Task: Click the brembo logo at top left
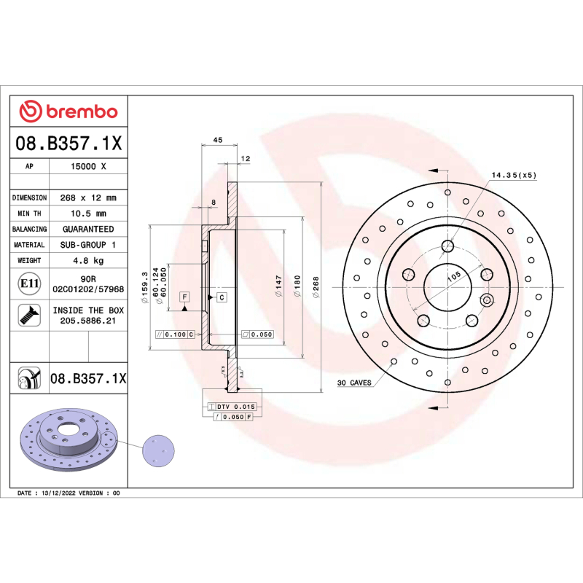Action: (x=68, y=111)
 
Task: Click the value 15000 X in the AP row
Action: (x=88, y=166)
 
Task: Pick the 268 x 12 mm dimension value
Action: (x=88, y=197)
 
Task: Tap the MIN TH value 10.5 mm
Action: (x=88, y=214)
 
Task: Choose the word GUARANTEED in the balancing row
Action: (x=88, y=229)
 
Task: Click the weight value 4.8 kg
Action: (x=88, y=260)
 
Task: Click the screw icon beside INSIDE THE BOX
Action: (x=29, y=315)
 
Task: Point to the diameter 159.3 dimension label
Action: (x=145, y=284)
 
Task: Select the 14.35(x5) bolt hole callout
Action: (x=513, y=175)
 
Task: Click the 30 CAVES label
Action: (x=354, y=383)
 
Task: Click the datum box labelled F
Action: (x=184, y=297)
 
